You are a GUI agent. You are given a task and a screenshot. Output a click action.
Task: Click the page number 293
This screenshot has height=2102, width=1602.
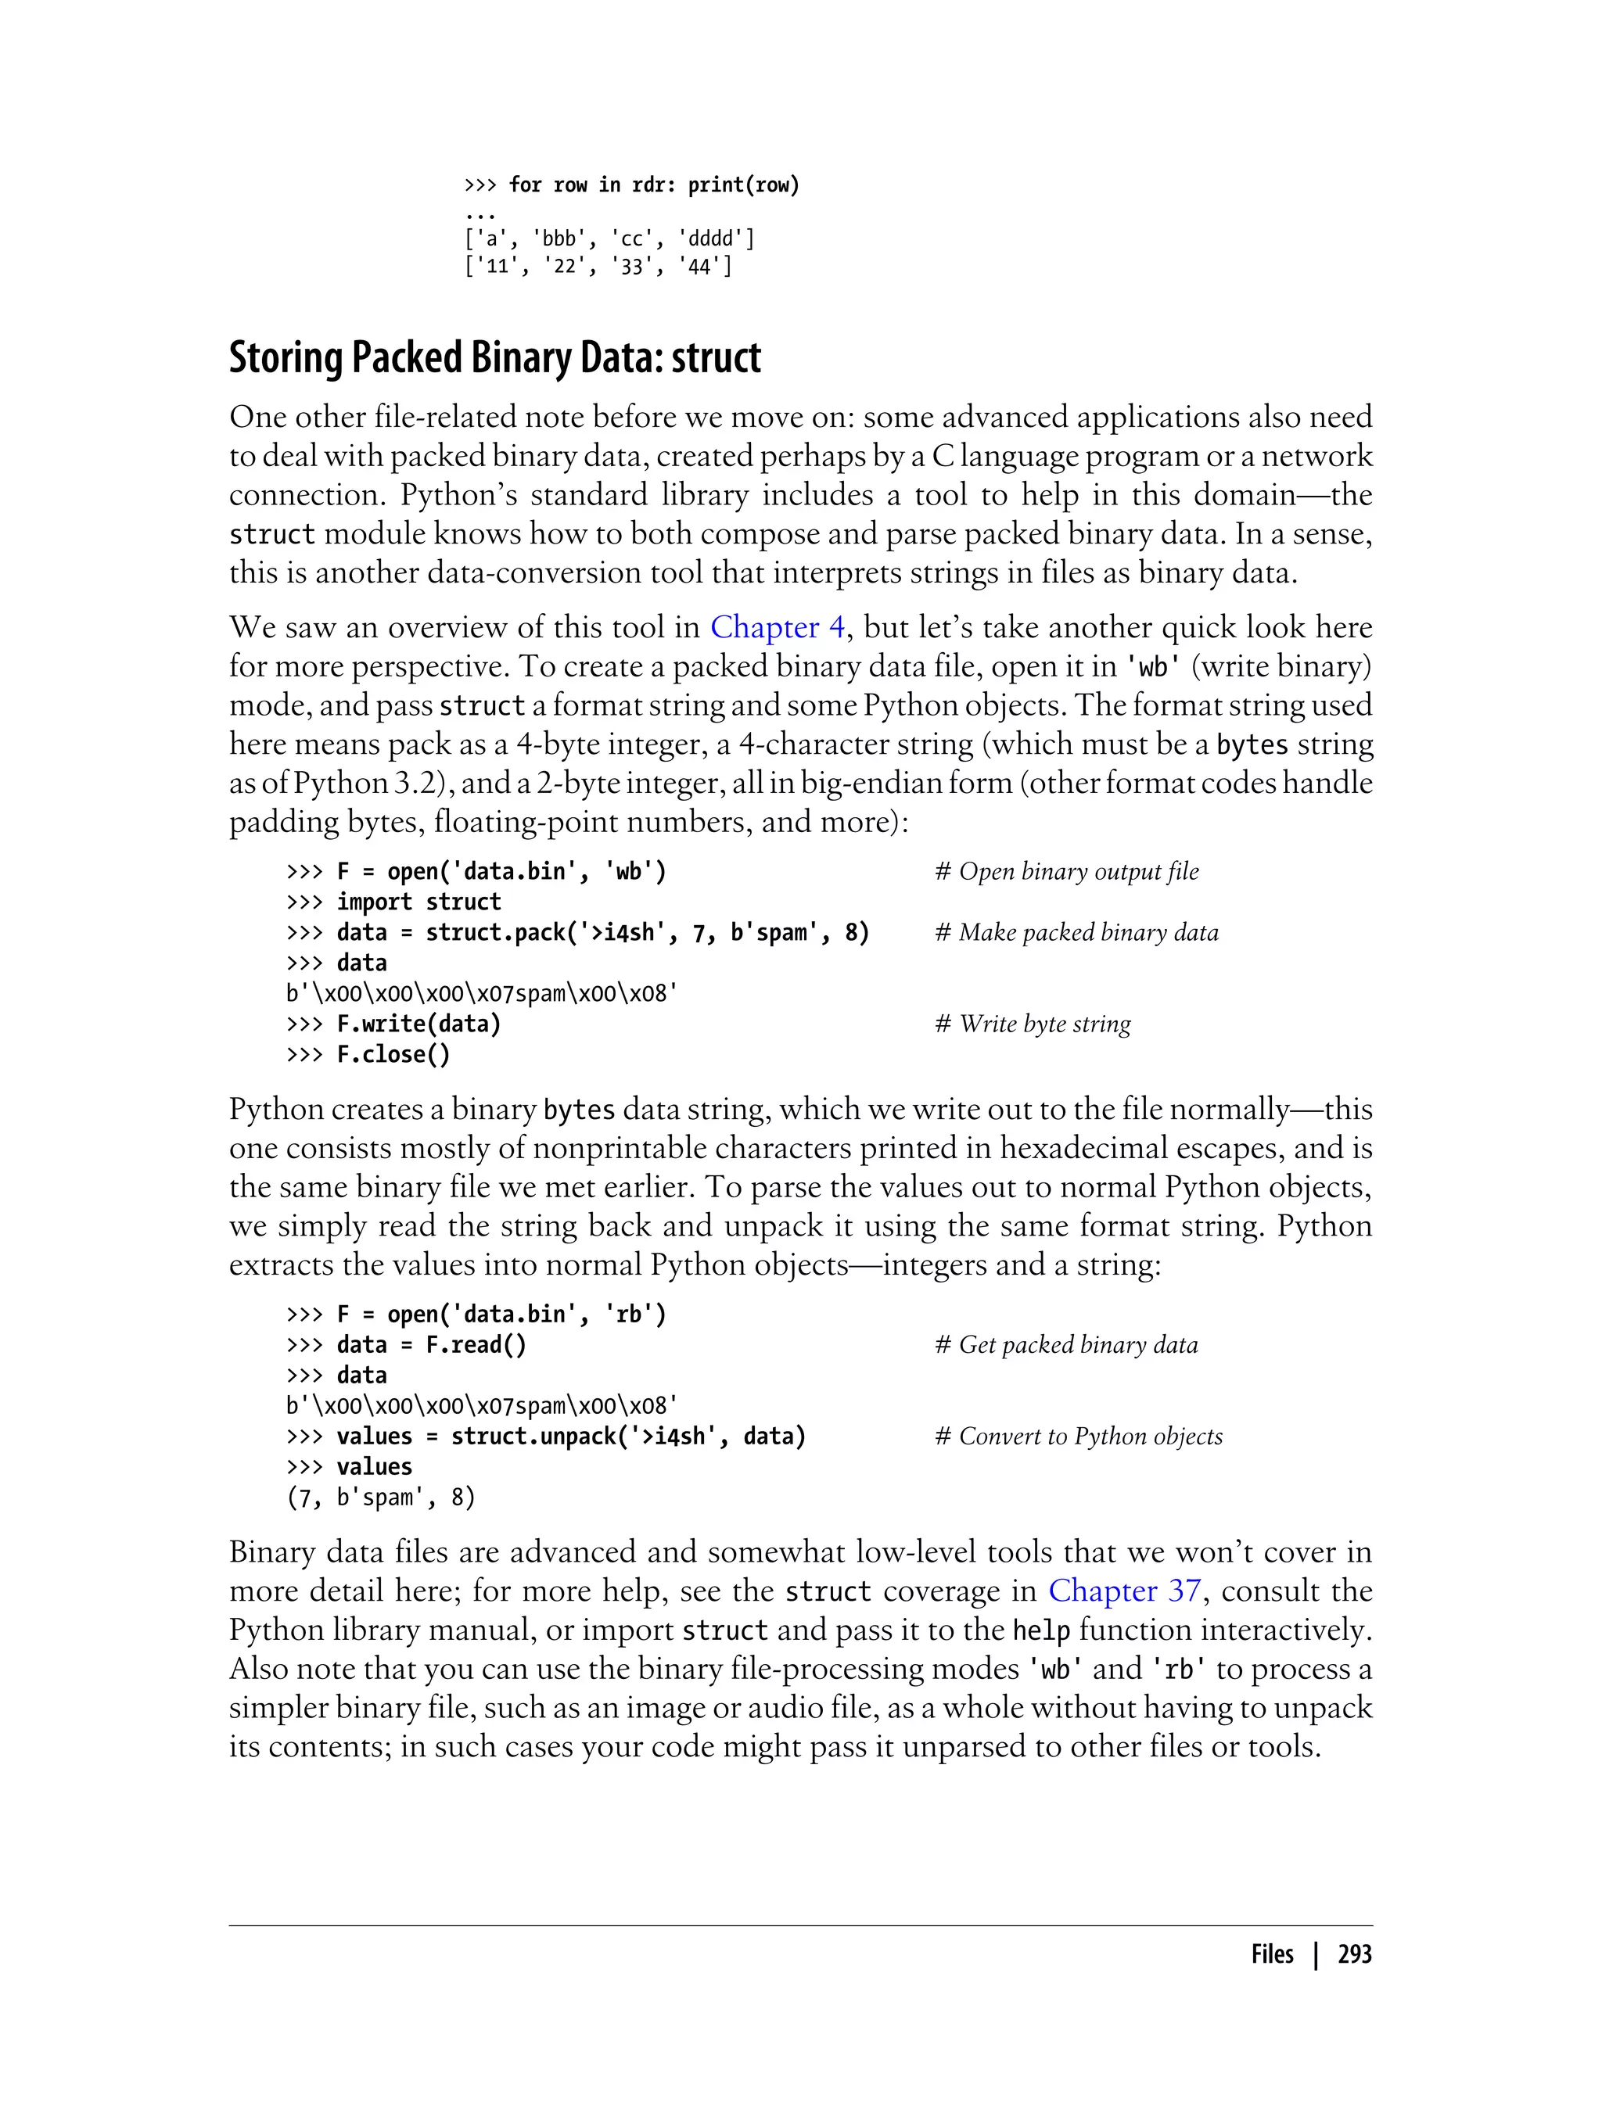[x=1354, y=1954]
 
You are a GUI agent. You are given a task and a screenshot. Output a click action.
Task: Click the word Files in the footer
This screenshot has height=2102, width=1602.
[x=1272, y=1954]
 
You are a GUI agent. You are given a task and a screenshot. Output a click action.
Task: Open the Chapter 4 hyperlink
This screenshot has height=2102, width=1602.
[x=778, y=627]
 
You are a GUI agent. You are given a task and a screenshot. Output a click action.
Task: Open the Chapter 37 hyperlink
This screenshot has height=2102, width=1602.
[x=1124, y=1591]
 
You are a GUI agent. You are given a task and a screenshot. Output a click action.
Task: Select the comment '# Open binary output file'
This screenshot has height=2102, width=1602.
[x=1067, y=871]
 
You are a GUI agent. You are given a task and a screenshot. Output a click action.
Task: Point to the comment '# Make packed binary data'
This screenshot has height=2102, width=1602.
[x=1076, y=932]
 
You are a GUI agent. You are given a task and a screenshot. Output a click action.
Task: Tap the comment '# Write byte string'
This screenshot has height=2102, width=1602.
[x=1033, y=1024]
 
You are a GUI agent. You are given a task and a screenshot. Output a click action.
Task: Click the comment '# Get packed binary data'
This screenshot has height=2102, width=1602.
[x=1066, y=1345]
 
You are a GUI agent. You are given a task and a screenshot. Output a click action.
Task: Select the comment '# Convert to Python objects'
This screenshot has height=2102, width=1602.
[x=1079, y=1437]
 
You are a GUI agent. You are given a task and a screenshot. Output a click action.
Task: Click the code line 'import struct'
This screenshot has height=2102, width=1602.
[x=418, y=902]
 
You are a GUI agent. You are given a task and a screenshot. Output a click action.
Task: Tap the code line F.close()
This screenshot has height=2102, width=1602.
[x=392, y=1054]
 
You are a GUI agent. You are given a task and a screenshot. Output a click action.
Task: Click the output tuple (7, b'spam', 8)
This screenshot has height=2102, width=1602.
[x=380, y=1498]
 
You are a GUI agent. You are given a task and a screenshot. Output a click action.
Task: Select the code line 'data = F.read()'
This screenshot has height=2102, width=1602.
[x=430, y=1345]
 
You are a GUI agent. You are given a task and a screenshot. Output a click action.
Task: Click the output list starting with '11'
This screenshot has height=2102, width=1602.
[x=598, y=267]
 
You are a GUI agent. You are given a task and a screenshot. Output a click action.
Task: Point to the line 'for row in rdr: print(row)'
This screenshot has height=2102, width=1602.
[x=653, y=185]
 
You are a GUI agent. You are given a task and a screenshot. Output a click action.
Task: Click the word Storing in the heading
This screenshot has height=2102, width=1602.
[x=286, y=358]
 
